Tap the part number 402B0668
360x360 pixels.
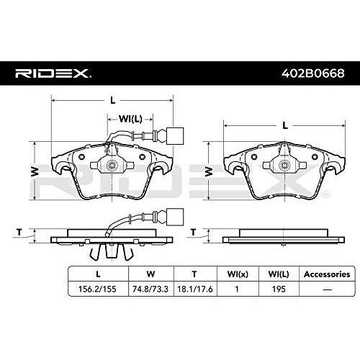(313, 73)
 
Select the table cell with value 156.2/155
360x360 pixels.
(97, 289)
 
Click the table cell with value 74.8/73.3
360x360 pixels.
(150, 289)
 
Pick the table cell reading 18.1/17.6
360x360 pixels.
(195, 289)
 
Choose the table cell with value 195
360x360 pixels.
(279, 289)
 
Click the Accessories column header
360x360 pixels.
(327, 274)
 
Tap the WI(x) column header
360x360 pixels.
(238, 274)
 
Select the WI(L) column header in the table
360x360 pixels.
(279, 274)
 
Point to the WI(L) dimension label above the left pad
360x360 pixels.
(130, 119)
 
